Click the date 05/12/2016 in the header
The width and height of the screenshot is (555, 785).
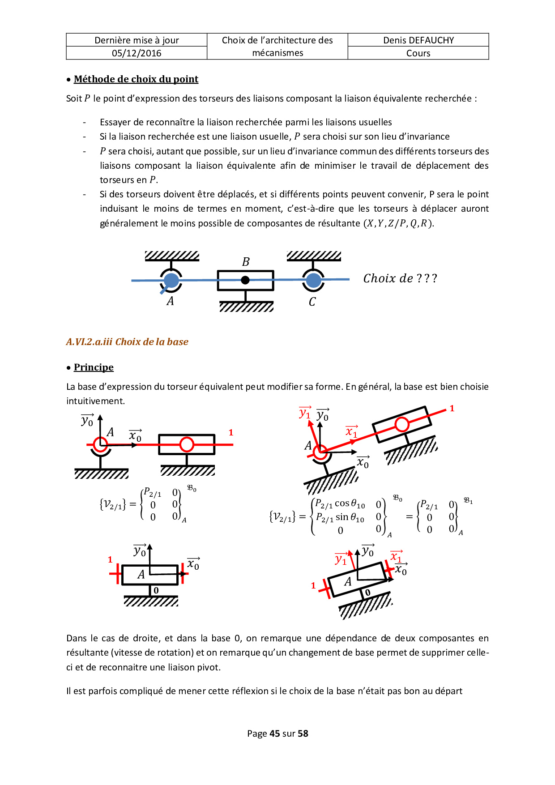[x=137, y=53]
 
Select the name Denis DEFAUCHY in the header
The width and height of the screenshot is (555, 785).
[x=418, y=40]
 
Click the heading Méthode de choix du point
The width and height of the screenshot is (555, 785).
[x=136, y=79]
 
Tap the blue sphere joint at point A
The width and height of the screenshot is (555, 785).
[x=171, y=281]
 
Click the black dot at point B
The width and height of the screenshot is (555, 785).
[x=245, y=280]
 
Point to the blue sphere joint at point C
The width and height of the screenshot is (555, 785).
[x=313, y=281]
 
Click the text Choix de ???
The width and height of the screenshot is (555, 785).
[x=400, y=278]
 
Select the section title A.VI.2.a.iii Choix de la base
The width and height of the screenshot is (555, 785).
[x=127, y=342]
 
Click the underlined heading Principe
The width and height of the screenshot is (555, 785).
[x=94, y=367]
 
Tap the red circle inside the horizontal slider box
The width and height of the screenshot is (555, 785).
[x=187, y=444]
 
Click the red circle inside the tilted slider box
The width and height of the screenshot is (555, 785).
[x=402, y=424]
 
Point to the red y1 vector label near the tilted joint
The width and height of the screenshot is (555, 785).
[x=305, y=413]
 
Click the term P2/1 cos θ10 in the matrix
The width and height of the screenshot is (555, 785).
[x=340, y=504]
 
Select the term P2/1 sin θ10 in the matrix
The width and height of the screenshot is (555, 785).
[x=340, y=518]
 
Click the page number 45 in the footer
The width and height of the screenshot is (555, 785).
[x=274, y=734]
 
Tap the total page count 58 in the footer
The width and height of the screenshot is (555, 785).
[x=303, y=734]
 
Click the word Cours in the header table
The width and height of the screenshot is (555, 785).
[x=418, y=53]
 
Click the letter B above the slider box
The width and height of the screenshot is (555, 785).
[x=246, y=262]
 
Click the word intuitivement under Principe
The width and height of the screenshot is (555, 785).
[x=95, y=401]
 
